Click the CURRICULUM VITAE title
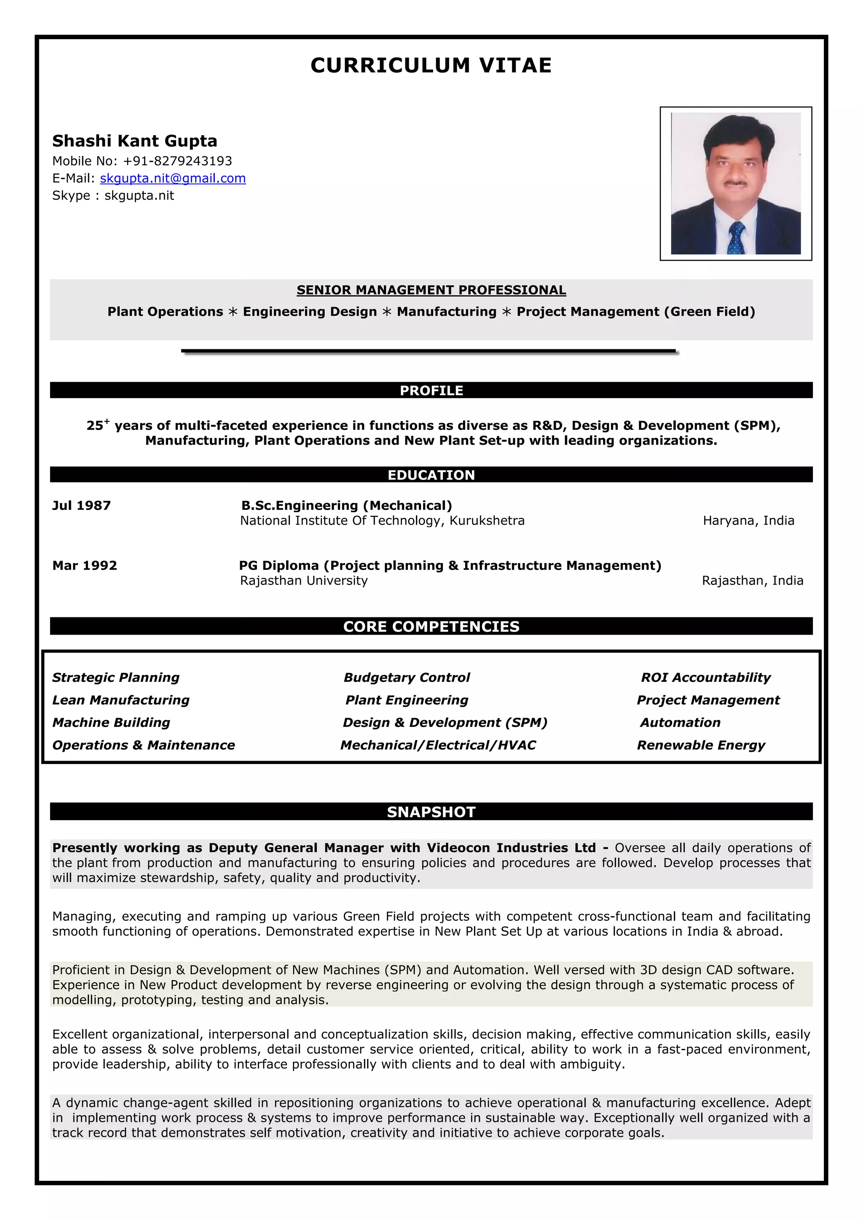tap(431, 65)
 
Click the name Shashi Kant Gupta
tap(134, 141)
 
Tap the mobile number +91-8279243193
tap(177, 161)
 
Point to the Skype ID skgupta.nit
tap(139, 196)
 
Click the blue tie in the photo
tap(736, 238)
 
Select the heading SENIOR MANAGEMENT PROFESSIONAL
tap(431, 290)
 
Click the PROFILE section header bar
tap(431, 391)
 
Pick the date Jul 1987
tap(81, 505)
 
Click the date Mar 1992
tap(85, 566)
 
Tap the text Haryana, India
tap(748, 521)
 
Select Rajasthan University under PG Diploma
tap(303, 581)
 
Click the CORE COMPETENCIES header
tap(431, 627)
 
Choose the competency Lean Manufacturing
tap(121, 700)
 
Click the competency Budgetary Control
tap(407, 678)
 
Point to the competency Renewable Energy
tap(701, 745)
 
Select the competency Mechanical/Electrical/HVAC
tap(438, 745)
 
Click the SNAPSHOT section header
tap(431, 812)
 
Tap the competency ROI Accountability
tap(705, 678)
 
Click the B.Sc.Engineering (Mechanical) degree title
tap(346, 505)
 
